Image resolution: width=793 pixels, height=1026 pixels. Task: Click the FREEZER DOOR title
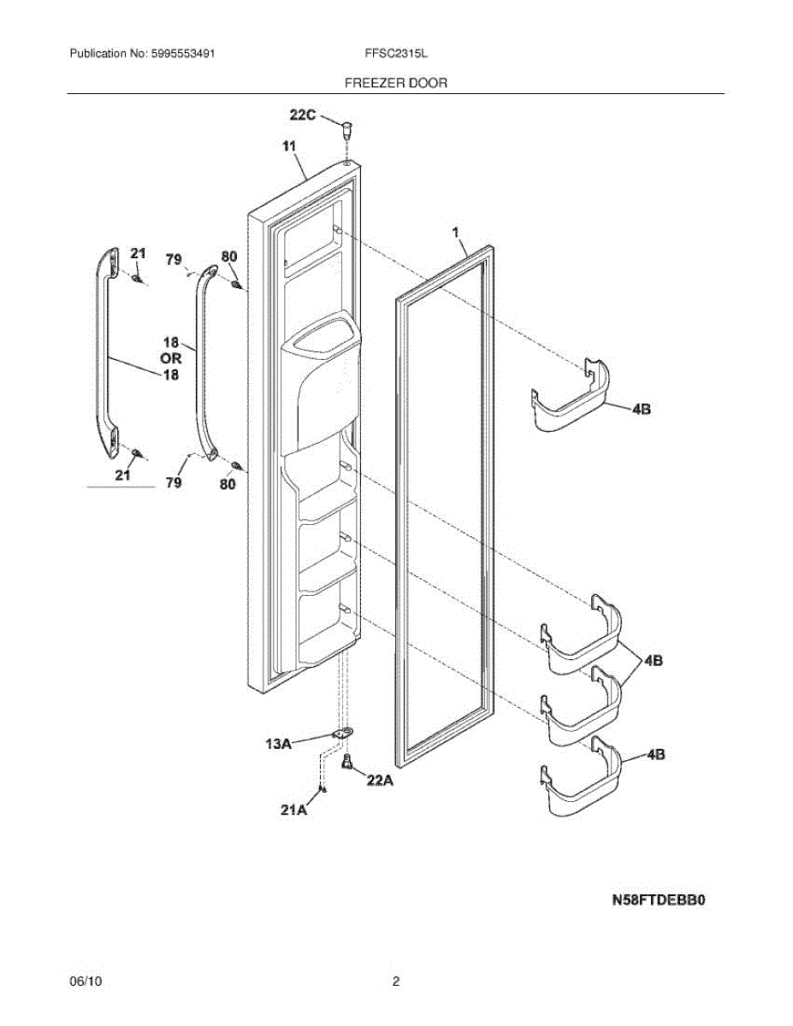pyautogui.click(x=395, y=83)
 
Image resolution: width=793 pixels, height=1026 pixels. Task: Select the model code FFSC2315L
pyautogui.click(x=395, y=53)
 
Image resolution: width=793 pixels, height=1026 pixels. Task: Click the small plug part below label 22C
pyautogui.click(x=346, y=131)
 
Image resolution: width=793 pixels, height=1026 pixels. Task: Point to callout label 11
pyautogui.click(x=288, y=147)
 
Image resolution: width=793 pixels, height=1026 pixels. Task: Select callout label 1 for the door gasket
pyautogui.click(x=456, y=232)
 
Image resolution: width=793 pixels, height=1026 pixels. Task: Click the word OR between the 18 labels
pyautogui.click(x=171, y=359)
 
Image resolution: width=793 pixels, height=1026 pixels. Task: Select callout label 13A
pyautogui.click(x=278, y=745)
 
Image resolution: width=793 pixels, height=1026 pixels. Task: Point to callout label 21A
pyautogui.click(x=294, y=810)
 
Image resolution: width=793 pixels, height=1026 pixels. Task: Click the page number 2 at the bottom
pyautogui.click(x=395, y=982)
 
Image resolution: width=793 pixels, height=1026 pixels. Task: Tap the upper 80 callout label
pyautogui.click(x=228, y=256)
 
